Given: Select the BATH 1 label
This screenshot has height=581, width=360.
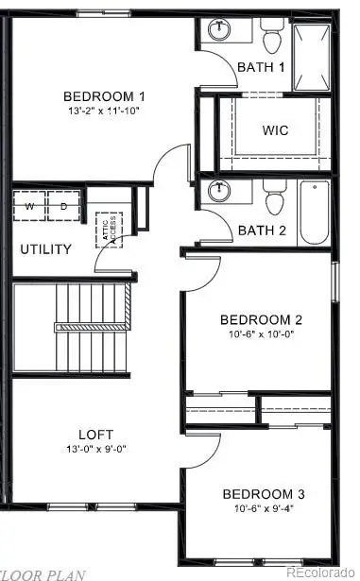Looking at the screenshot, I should click(x=260, y=67).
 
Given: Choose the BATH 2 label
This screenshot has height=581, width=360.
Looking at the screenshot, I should click(x=260, y=230).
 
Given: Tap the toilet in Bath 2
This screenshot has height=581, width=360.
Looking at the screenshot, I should click(x=276, y=199).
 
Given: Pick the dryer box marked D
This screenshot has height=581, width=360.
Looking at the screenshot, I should click(x=64, y=206).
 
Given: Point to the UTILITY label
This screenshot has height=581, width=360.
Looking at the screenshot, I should click(x=45, y=249).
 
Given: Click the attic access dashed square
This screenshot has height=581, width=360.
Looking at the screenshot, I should click(x=110, y=231).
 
